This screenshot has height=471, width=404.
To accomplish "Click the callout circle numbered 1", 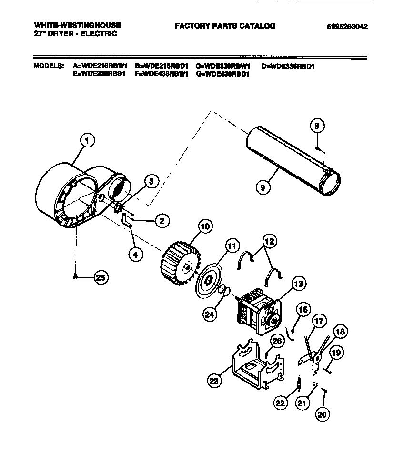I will [87, 140].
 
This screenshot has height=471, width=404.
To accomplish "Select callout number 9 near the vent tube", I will [262, 187].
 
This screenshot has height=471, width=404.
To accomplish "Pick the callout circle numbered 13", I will [298, 285].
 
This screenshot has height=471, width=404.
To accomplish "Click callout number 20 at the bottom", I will [323, 413].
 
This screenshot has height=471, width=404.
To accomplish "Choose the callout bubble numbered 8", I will [318, 126].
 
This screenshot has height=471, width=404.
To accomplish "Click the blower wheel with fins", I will [176, 263].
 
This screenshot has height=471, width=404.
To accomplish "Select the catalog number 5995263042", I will [347, 27].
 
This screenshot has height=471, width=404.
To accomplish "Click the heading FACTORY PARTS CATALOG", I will [225, 26].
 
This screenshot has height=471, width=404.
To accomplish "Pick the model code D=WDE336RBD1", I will [288, 66].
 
